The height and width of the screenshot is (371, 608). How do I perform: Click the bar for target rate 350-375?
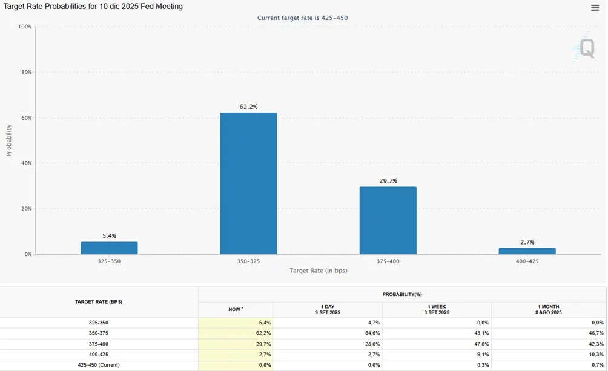coord(248,183)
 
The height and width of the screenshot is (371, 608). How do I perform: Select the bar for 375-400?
coord(388,220)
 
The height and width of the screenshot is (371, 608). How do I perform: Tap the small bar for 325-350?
coord(109,248)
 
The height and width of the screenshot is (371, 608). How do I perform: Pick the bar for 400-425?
coord(527,251)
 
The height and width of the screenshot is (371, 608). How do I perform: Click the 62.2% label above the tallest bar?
coord(248,107)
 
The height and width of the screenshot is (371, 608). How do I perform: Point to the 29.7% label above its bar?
coord(388,180)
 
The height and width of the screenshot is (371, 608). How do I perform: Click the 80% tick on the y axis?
coord(27,72)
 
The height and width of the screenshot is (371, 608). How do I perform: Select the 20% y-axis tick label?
coord(27,209)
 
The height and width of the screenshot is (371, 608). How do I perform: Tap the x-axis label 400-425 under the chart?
coord(527,261)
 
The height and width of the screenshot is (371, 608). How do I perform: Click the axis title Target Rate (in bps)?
coord(319,271)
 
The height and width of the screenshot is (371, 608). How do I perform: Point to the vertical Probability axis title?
coord(9,140)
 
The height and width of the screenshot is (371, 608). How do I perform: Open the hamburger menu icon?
coord(595,8)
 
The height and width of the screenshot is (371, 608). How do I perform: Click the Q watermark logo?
coord(584,48)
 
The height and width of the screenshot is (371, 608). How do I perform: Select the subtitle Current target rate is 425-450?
coord(302,18)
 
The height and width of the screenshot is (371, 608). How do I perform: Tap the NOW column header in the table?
coord(236,309)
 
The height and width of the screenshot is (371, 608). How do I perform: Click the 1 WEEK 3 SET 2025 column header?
coord(437,309)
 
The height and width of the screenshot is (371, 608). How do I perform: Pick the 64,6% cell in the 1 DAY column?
coord(372,333)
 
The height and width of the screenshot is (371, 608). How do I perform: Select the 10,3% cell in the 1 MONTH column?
coord(596,354)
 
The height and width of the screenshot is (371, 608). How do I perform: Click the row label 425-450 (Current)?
coord(99,365)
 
